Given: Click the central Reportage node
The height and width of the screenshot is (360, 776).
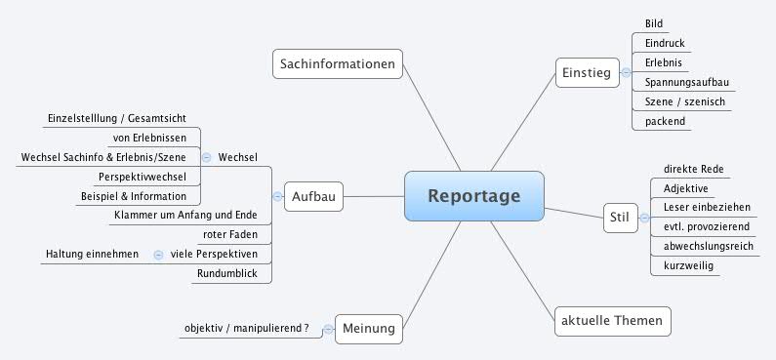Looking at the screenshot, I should (x=473, y=196).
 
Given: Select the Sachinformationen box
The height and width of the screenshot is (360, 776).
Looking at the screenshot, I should (x=337, y=65).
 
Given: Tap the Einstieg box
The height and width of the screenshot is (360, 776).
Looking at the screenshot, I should (x=586, y=73).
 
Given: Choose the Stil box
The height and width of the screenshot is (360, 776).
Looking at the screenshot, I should (x=618, y=217).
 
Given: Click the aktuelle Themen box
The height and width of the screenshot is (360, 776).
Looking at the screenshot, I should (x=613, y=320).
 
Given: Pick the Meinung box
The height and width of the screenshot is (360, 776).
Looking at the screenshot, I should (x=369, y=330).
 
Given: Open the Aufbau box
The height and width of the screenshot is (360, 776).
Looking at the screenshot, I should (x=313, y=197).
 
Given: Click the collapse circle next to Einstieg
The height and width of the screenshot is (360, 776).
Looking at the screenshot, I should (x=625, y=73).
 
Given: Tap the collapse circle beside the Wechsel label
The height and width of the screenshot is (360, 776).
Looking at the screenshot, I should (x=206, y=156).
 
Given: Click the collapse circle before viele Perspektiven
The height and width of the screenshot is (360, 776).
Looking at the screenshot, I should (x=158, y=255).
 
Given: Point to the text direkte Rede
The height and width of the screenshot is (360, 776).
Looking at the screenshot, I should (x=686, y=169).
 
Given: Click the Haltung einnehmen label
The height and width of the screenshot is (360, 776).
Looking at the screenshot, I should (x=92, y=255).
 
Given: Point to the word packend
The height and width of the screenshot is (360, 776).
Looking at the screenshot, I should (x=665, y=122).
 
